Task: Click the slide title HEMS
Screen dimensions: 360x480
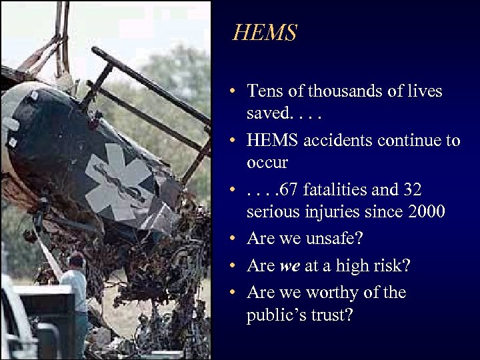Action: coord(264,33)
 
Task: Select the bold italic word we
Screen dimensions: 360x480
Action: coord(289,266)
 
